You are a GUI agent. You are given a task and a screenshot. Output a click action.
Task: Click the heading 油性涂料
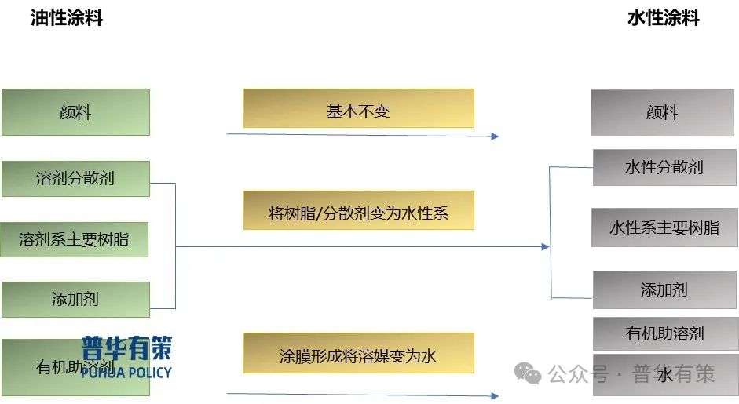pos(67,18)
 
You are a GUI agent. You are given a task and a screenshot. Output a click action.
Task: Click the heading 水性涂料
pos(663,18)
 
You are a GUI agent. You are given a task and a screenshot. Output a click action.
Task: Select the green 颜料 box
pos(75,112)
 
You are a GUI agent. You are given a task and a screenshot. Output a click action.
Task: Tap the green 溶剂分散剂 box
pos(75,178)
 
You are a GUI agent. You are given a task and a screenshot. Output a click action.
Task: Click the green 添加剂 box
pos(75,299)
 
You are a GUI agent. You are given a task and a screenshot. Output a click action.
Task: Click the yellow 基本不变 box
pos(358,108)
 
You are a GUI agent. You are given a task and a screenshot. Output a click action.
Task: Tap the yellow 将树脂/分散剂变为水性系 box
pos(358,210)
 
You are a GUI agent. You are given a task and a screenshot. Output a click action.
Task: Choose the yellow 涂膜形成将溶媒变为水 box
pos(358,355)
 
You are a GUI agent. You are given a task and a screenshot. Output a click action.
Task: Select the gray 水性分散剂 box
pos(664,167)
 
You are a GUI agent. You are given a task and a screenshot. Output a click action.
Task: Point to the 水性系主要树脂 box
pos(664,227)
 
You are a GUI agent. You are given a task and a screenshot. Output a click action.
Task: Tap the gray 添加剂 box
pos(664,289)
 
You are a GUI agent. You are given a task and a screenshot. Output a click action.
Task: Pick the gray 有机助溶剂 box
pos(664,333)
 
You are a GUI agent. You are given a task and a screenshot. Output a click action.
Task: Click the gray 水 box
pos(664,375)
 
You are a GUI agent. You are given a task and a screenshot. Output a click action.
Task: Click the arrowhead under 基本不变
pos(495,136)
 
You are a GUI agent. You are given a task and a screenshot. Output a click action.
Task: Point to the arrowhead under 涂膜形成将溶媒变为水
pos(495,395)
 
